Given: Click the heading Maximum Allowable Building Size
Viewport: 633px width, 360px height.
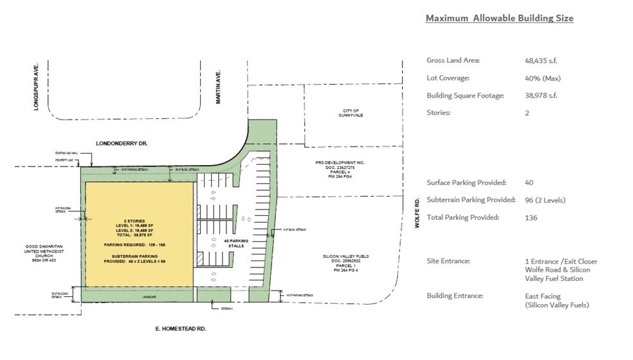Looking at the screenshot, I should pos(499,18).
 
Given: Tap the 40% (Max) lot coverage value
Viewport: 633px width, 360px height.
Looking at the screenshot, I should pos(544,78).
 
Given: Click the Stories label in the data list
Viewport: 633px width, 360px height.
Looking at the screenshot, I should pos(438,113).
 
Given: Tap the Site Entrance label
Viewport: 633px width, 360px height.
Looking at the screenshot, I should pos(448,261).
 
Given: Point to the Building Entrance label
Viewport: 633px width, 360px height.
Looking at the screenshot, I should pos(455,296).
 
